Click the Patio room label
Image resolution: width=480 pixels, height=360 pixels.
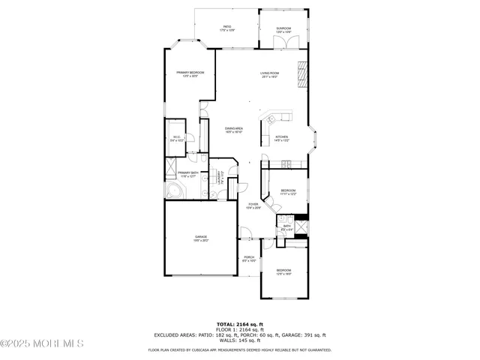point(227,28)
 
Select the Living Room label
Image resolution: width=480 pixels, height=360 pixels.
point(270,75)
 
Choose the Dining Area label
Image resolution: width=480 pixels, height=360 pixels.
point(234,130)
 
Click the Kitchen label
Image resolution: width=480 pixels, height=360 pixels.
point(281,138)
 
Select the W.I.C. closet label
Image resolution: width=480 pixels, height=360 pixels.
point(177,139)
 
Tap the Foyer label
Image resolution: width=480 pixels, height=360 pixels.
point(253,205)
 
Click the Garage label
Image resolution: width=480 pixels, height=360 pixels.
point(202,238)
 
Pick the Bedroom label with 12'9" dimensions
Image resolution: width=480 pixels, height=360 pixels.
point(283,271)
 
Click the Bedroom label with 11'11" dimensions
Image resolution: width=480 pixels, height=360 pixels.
point(289,192)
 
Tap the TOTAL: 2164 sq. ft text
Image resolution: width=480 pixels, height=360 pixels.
point(239,324)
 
